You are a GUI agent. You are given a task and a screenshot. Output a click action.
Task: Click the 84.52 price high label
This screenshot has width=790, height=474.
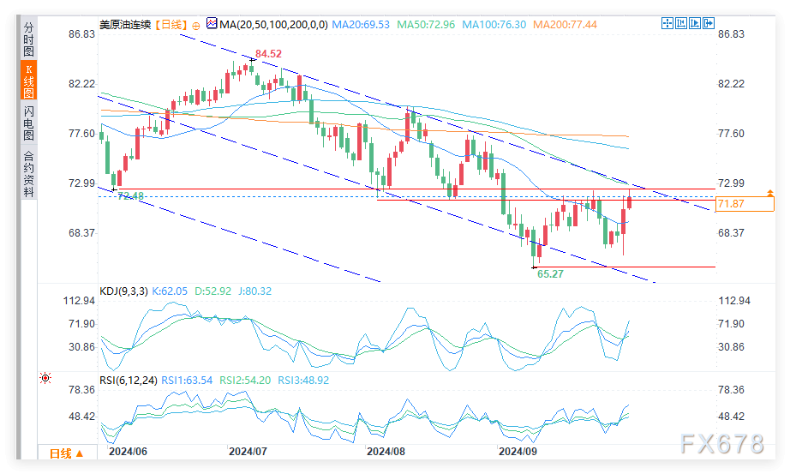pos(268,54)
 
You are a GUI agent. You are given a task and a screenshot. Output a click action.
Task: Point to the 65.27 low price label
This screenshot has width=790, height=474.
pos(549,274)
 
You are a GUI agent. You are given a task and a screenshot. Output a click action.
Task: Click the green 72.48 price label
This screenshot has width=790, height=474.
pos(130,196)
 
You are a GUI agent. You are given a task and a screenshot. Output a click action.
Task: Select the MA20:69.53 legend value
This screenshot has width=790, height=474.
pos(364,25)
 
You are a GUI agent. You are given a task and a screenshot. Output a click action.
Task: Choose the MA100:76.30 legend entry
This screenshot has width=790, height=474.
pos(494,25)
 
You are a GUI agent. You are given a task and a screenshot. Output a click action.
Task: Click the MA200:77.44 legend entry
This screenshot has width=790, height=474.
pos(564,25)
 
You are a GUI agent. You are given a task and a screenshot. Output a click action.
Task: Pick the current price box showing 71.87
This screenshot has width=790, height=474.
pos(744,204)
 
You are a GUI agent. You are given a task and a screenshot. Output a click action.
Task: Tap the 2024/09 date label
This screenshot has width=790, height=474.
pos(518,451)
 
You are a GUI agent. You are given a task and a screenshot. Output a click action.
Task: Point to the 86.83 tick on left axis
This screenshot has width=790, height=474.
pos(82,34)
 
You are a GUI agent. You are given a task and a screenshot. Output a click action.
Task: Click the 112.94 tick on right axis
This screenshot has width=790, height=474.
pos(733,301)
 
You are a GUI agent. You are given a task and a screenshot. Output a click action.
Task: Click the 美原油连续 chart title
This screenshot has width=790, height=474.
pos(124,25)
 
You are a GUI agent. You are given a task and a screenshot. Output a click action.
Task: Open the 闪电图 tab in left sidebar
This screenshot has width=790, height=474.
pos(28,123)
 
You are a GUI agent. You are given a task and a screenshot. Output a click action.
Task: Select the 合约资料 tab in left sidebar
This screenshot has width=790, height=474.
pos(28,174)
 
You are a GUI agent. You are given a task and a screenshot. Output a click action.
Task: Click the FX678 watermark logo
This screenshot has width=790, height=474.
pos(721,444)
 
